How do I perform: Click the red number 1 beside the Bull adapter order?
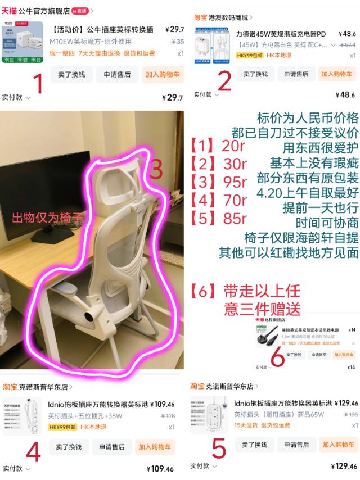coord(38,84)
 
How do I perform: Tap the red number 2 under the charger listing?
coord(224,82)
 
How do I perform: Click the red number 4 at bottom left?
coord(33,451)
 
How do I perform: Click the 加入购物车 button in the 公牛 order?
coord(163,74)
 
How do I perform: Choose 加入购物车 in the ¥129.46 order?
coord(339,445)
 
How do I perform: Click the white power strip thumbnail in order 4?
coord(22,416)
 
